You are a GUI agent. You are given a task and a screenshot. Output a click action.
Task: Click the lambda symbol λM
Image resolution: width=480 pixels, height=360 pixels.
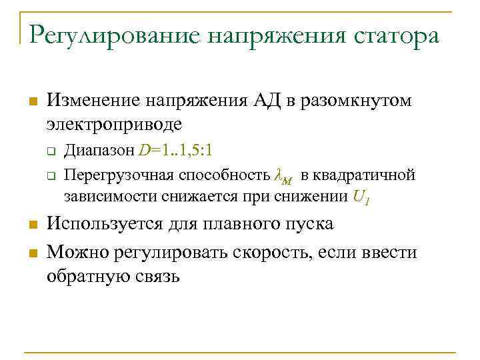point(283,176)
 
